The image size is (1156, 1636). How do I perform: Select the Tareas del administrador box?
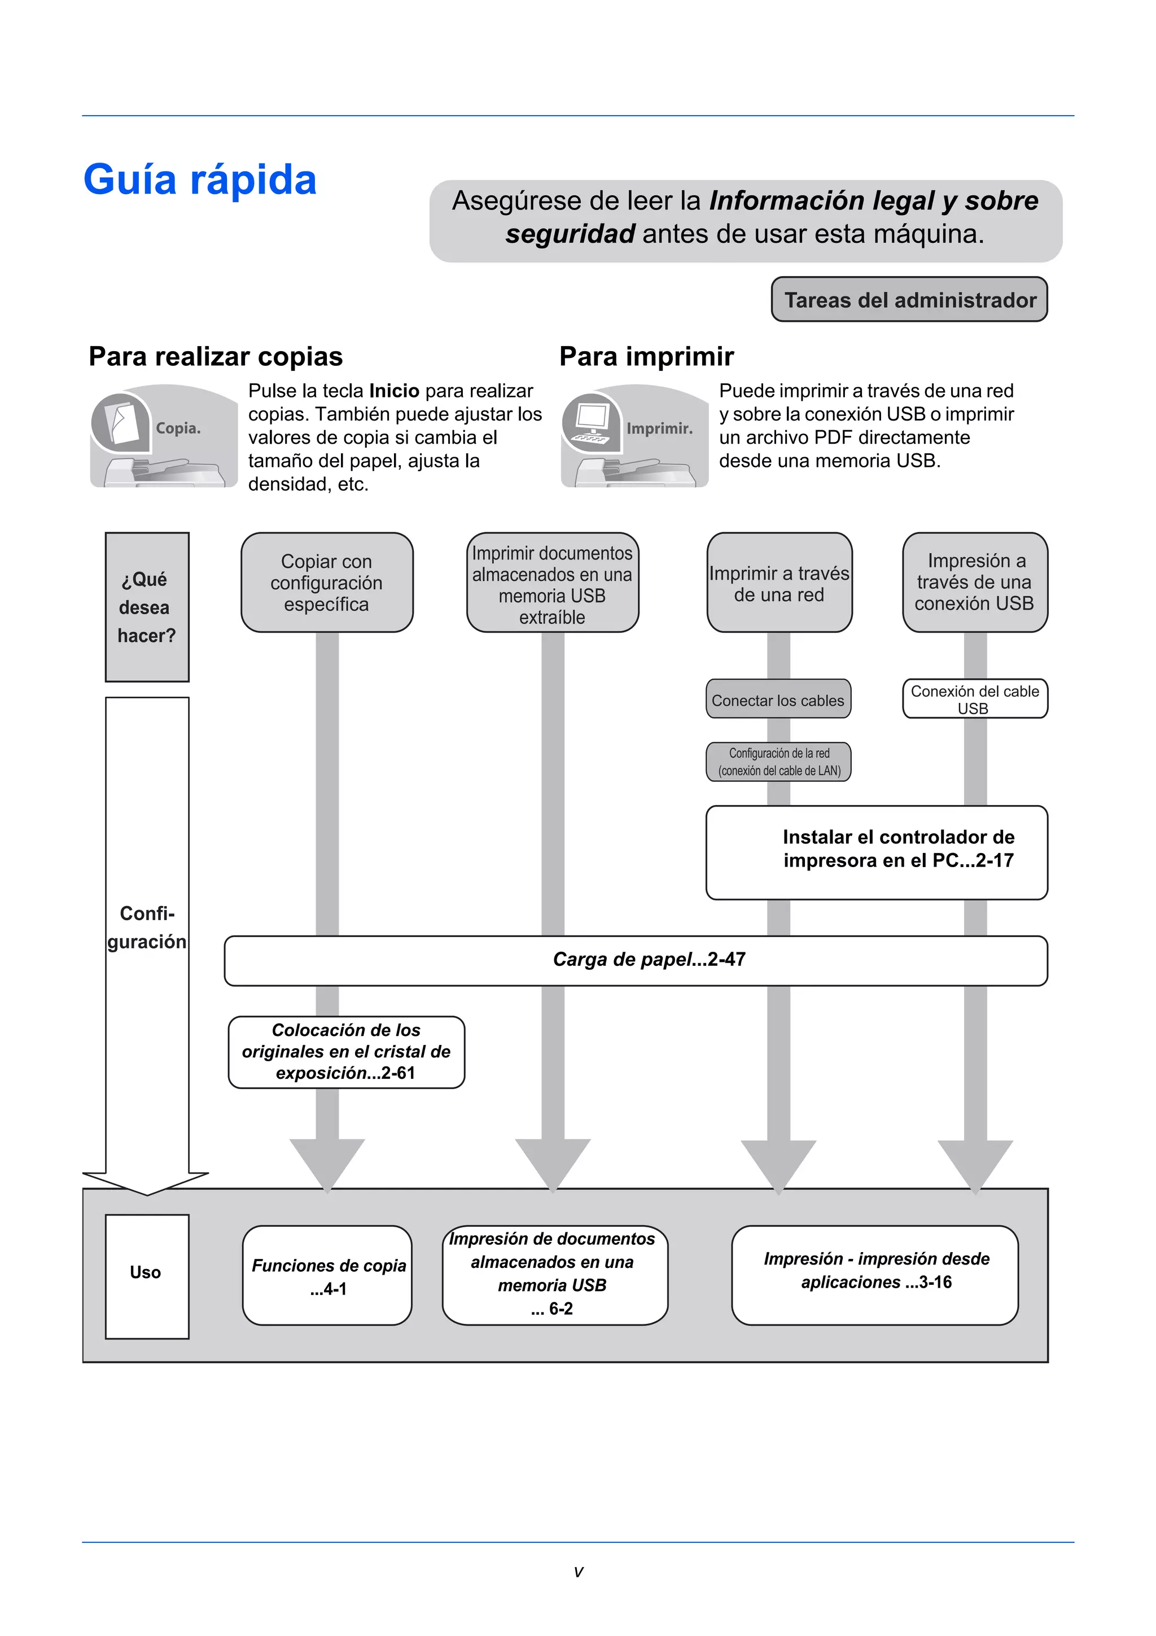click(x=909, y=300)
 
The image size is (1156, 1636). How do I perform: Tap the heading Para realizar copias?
click(x=215, y=356)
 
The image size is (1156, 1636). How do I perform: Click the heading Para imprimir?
click(x=646, y=356)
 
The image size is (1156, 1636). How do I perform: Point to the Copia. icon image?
click(x=163, y=436)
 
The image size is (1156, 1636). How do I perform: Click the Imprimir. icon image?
click(x=634, y=436)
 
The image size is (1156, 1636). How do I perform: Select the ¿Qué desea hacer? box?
click(x=147, y=607)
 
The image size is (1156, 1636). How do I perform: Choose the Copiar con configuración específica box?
click(x=327, y=582)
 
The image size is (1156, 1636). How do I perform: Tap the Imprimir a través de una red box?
click(x=779, y=583)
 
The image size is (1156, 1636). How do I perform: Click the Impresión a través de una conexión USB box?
click(x=974, y=582)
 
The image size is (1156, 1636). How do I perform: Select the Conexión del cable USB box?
click(x=974, y=699)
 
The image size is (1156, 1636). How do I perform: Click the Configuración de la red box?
click(x=778, y=762)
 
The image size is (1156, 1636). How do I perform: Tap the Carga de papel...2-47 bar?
click(x=636, y=960)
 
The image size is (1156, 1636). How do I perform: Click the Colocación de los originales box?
click(x=346, y=1052)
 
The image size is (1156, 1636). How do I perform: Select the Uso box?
click(x=147, y=1272)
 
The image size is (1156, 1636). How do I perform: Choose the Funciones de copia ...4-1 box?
click(x=327, y=1276)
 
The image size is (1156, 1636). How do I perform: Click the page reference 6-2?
click(x=561, y=1309)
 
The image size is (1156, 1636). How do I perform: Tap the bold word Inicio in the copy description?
click(x=394, y=391)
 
